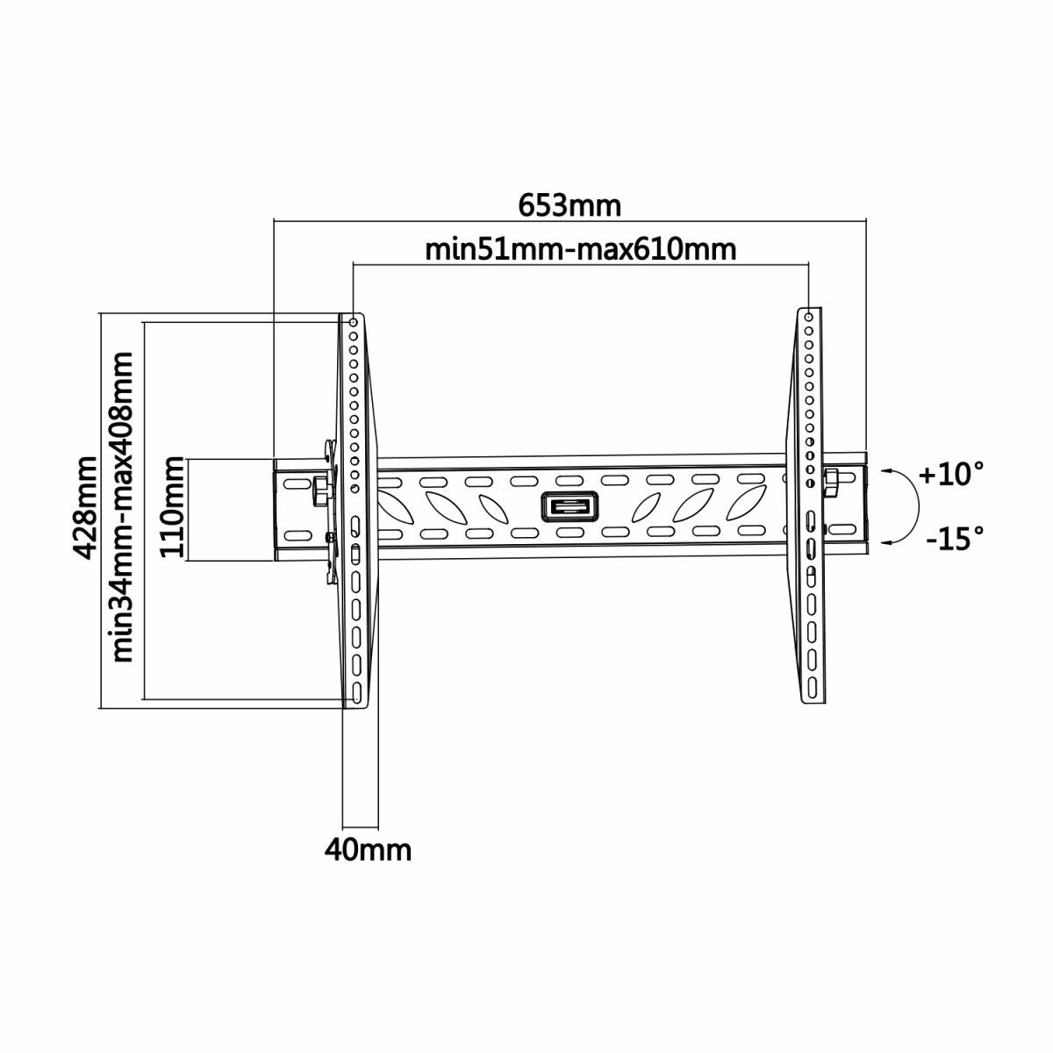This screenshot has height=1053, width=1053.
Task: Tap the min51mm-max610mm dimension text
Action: (580, 249)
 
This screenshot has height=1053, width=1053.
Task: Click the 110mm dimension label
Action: (173, 508)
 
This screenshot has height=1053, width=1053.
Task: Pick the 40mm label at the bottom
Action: (368, 849)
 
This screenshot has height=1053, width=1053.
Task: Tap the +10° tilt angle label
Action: (950, 475)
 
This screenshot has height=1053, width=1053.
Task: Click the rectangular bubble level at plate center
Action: (569, 508)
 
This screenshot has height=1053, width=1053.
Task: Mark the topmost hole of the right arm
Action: (807, 314)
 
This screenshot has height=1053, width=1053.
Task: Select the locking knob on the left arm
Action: (321, 484)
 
